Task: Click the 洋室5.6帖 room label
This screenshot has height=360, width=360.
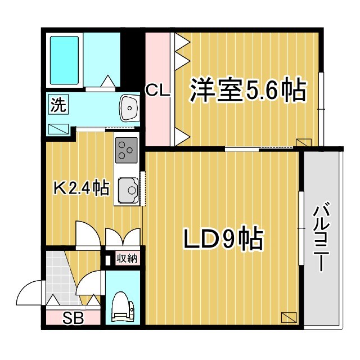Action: tap(248, 89)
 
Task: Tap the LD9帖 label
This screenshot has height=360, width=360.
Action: tap(223, 240)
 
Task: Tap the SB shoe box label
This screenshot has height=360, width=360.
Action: tap(73, 318)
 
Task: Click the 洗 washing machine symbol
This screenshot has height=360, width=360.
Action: tap(58, 105)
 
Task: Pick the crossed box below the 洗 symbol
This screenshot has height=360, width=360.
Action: tap(58, 128)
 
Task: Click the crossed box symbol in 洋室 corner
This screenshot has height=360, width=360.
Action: tap(303, 143)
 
